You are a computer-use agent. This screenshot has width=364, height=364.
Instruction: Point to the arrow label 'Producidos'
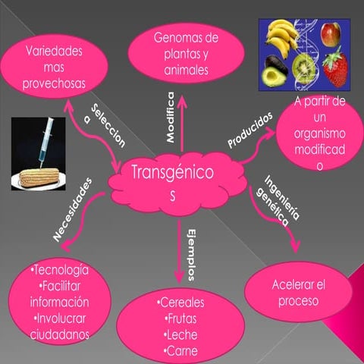click(249, 130)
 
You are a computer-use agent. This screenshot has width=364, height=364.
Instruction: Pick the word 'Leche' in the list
click(182, 334)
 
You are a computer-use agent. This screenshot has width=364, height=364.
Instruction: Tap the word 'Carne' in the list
click(182, 350)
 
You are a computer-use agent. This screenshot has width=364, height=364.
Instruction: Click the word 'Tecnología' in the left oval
click(60, 271)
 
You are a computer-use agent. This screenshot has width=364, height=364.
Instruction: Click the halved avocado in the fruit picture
click(275, 76)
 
